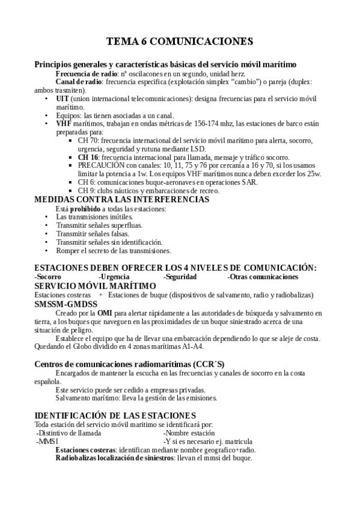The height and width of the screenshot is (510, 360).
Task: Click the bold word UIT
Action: (63, 98)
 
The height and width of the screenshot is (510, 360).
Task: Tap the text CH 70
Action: (87, 140)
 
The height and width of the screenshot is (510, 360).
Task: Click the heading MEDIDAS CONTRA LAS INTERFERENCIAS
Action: (122, 199)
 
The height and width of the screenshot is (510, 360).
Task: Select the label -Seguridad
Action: (180, 277)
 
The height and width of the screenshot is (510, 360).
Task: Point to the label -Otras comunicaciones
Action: (263, 277)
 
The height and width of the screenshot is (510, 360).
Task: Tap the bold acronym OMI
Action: (105, 313)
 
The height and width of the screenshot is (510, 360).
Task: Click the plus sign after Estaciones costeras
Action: (100, 295)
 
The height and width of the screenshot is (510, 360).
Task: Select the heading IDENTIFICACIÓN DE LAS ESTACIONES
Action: (115, 416)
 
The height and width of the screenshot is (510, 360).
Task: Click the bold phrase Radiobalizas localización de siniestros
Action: (114, 458)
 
